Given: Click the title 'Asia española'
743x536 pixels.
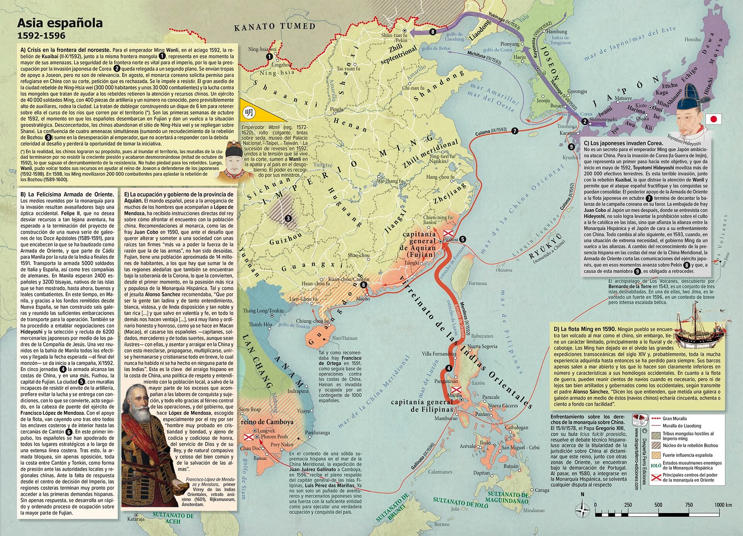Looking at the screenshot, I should pyautogui.click(x=60, y=23).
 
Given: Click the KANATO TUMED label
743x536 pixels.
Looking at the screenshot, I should pyautogui.click(x=275, y=27).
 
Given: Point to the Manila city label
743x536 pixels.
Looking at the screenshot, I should pyautogui.click(x=454, y=396).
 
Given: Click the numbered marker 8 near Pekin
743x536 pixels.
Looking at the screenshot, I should pyautogui.click(x=432, y=32).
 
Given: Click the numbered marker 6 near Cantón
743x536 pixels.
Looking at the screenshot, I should pyautogui.click(x=363, y=285).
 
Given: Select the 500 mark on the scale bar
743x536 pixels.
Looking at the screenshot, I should pyautogui.click(x=658, y=505).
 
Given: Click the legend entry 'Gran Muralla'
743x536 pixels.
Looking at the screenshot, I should pyautogui.click(x=674, y=419).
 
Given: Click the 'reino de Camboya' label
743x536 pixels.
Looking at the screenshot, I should pyautogui.click(x=267, y=422).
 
